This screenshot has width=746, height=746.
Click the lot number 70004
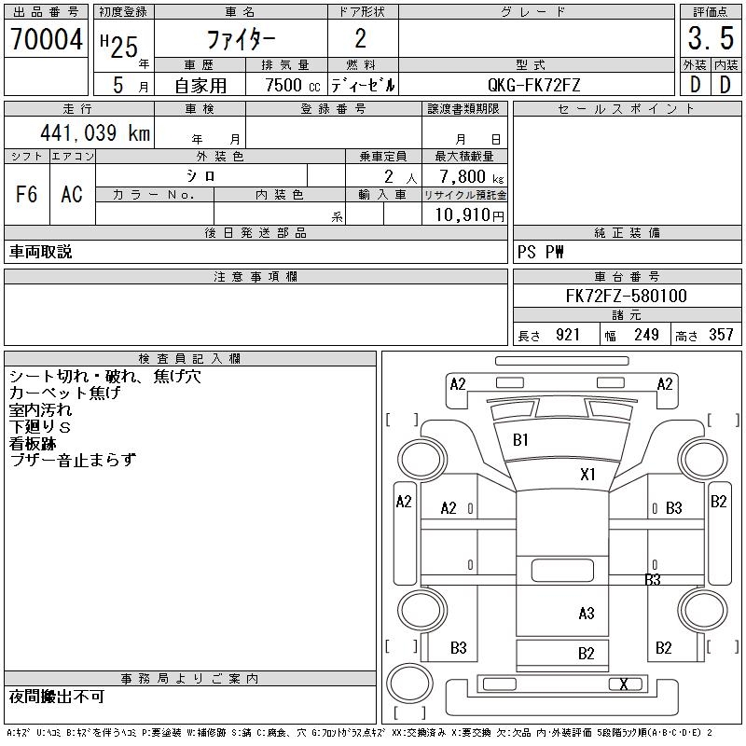[x=46, y=39]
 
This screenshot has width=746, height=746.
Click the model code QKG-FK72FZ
[x=534, y=85]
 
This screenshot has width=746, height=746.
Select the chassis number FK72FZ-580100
[x=626, y=297]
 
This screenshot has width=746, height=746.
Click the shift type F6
[x=27, y=194]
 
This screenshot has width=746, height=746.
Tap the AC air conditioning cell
[x=72, y=194]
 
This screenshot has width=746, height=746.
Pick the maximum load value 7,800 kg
[x=464, y=176]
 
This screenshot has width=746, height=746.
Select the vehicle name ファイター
[x=241, y=39]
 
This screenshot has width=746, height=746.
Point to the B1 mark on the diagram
[x=521, y=439]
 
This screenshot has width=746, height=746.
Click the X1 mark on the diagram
[x=587, y=474]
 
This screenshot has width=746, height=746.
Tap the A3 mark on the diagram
[x=587, y=613]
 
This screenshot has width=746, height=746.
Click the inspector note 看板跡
[x=33, y=443]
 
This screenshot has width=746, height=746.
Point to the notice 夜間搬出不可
[x=57, y=697]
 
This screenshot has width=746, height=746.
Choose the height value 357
[x=722, y=335]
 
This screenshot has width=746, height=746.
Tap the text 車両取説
[x=41, y=252]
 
